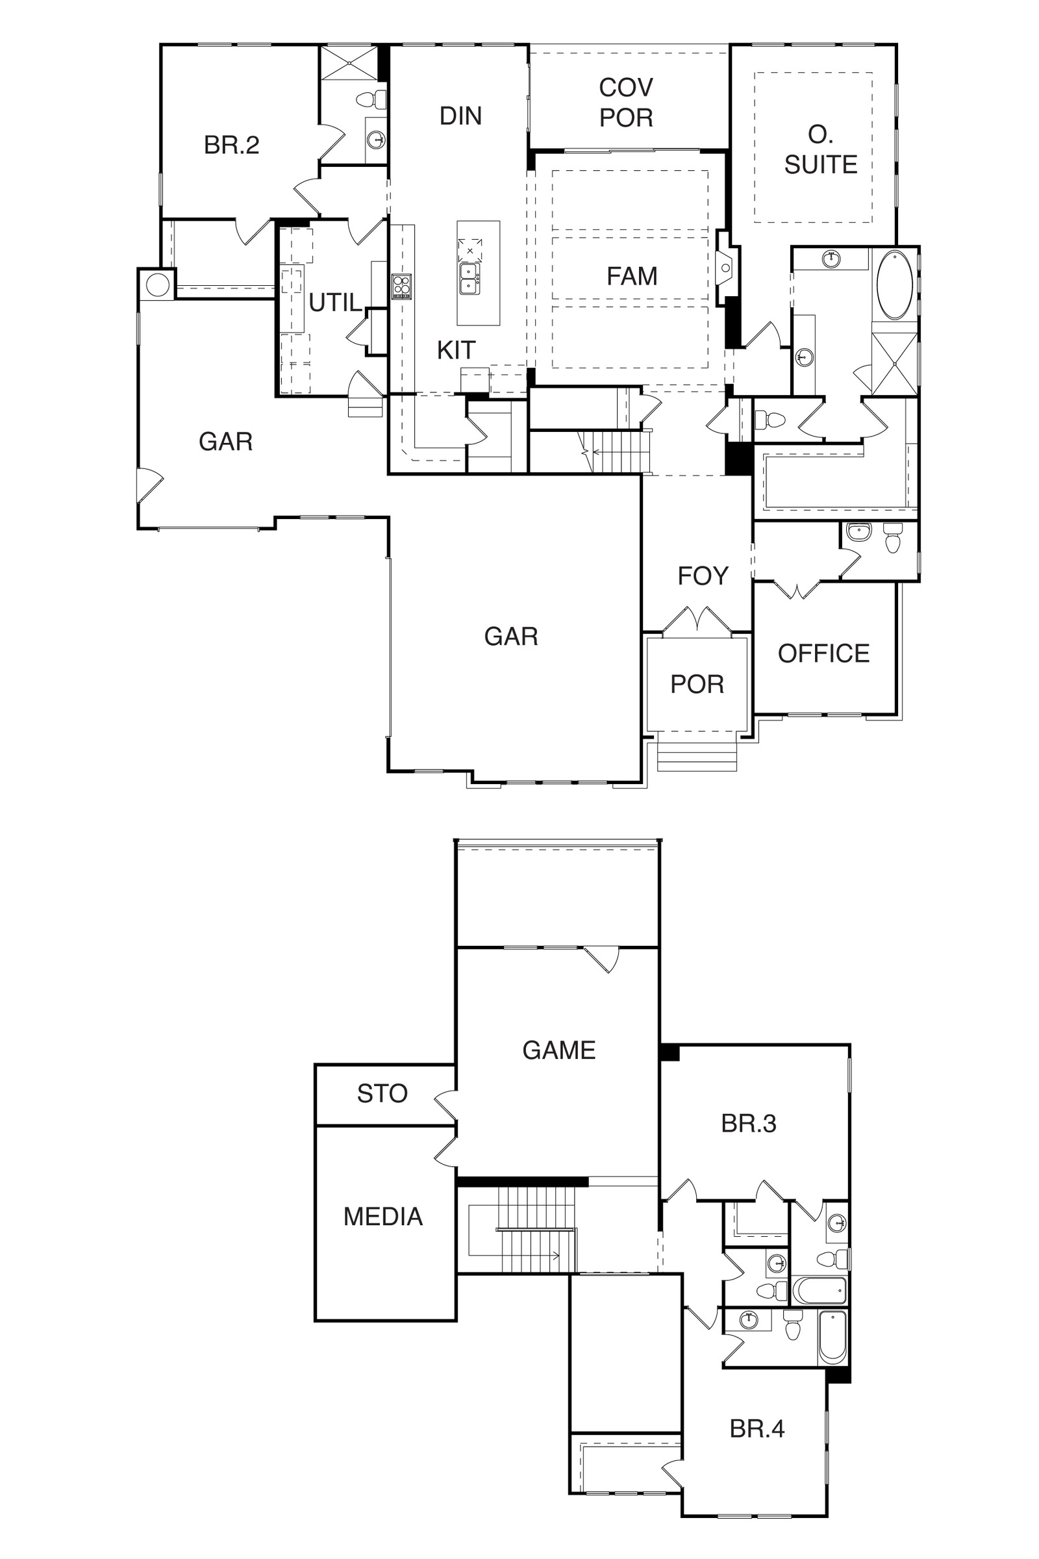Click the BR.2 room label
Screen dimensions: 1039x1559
coord(231,144)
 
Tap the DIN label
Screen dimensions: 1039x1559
coord(460,116)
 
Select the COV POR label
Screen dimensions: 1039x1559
coord(626,102)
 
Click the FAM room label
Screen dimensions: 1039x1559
coord(632,275)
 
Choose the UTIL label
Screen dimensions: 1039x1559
coord(335,303)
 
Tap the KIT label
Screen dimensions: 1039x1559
coord(456,350)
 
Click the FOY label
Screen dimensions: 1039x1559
coord(703,576)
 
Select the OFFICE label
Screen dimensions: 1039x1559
coord(823,653)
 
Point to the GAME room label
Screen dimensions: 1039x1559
coord(558,1050)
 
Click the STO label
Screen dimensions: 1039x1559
coord(382,1093)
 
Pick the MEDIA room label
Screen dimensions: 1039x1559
coord(383,1216)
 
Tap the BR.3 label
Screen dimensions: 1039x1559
coord(749,1124)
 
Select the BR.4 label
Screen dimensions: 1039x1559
coord(757,1428)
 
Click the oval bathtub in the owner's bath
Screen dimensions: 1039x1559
coord(895,285)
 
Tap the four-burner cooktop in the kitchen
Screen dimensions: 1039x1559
coord(401,287)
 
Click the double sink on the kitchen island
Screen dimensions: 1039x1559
coord(469,279)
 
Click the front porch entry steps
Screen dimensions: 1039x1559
coord(697,753)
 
